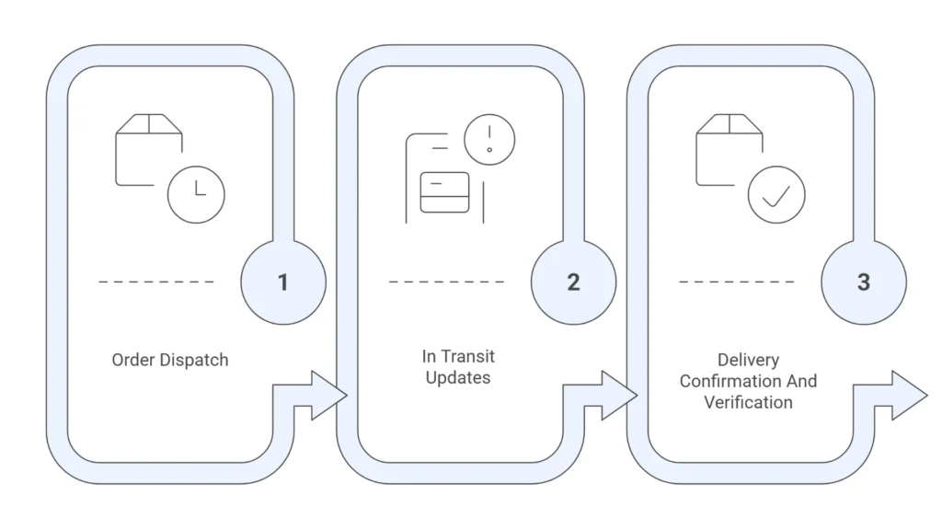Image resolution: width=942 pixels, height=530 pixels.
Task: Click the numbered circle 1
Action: pos(283,282)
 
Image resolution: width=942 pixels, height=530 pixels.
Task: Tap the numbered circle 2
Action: pos(573,282)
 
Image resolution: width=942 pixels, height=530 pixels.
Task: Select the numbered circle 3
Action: pos(863,282)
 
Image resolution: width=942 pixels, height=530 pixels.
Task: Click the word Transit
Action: pos(466,356)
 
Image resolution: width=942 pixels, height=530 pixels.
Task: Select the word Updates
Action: pos(458,377)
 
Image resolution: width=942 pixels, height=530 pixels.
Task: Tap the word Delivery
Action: pos(748,360)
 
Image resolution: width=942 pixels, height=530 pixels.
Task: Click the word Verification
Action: pos(748,402)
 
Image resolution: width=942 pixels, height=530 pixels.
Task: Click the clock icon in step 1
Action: pos(196,194)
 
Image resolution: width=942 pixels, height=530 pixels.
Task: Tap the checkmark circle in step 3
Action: pos(776,194)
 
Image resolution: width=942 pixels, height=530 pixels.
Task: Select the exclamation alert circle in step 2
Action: pos(489,140)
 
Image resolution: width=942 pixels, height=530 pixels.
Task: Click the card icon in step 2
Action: pos(444,192)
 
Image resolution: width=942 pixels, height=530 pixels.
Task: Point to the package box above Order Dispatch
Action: pos(147,147)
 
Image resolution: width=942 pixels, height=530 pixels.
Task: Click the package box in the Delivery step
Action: pos(728,147)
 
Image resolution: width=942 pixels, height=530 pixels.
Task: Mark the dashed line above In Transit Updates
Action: pos(446,282)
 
